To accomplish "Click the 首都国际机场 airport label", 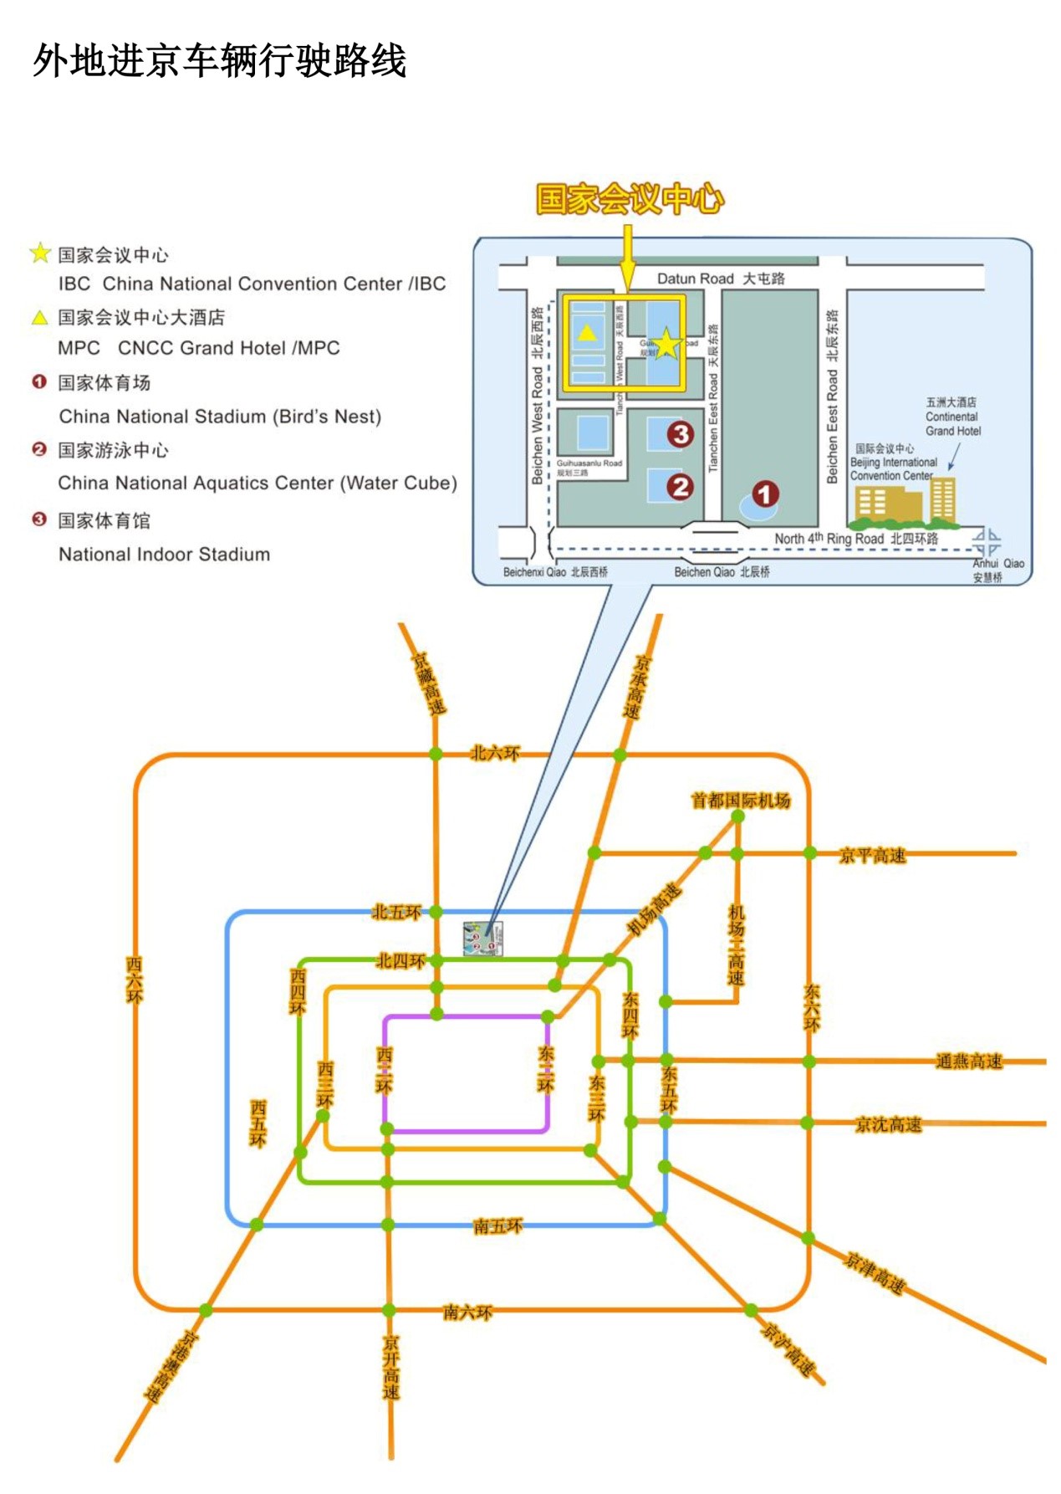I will pyautogui.click(x=740, y=801).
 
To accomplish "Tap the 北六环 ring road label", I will pyautogui.click(x=495, y=754).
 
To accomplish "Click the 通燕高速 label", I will pyautogui.click(x=968, y=1062).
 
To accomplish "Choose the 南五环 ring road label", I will pyautogui.click(x=497, y=1226).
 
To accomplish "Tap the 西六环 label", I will pyautogui.click(x=135, y=980).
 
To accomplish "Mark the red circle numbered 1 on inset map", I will pyautogui.click(x=764, y=494).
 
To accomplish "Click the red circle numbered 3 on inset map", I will pyautogui.click(x=680, y=434).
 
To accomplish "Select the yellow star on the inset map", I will pyautogui.click(x=666, y=344).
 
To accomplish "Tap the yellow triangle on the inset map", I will pyautogui.click(x=588, y=333).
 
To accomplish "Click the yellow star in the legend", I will pyautogui.click(x=40, y=253).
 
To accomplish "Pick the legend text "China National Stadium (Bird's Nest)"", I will pyautogui.click(x=220, y=417).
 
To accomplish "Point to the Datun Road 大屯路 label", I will pyautogui.click(x=720, y=279).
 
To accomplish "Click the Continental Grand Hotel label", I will pyautogui.click(x=952, y=417).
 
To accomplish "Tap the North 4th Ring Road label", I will pyautogui.click(x=855, y=539).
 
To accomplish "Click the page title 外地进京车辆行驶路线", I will pyautogui.click(x=219, y=61).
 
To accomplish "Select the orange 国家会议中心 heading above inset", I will pyautogui.click(x=629, y=199).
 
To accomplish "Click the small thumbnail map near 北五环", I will pyautogui.click(x=483, y=939).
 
